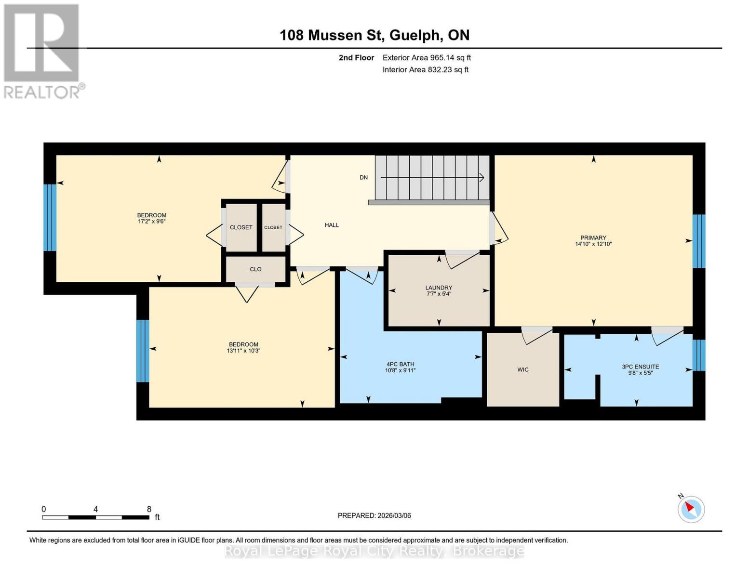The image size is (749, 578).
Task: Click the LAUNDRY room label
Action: (439, 288)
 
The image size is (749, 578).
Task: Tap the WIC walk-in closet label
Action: (523, 369)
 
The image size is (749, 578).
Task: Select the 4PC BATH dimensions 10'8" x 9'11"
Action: (400, 370)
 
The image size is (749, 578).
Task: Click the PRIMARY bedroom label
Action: (593, 237)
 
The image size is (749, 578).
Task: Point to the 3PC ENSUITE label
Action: (640, 367)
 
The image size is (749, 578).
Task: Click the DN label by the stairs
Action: (363, 177)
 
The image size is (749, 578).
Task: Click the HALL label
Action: (332, 225)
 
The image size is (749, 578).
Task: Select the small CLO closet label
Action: (255, 269)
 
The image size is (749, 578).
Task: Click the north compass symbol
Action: (691, 509)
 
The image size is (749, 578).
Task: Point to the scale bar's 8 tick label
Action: (149, 509)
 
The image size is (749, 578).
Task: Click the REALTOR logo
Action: (42, 51)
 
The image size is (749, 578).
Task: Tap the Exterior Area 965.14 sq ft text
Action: (427, 58)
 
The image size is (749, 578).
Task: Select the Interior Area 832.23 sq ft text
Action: (425, 70)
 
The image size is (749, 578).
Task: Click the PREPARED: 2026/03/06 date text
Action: (374, 515)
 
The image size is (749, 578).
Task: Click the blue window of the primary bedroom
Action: (699, 241)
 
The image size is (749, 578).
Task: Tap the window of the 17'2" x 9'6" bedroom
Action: (50, 218)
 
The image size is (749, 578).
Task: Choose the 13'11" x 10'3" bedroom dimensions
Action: (243, 351)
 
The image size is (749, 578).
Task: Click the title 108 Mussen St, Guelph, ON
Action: (374, 35)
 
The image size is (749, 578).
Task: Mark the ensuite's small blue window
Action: (699, 355)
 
